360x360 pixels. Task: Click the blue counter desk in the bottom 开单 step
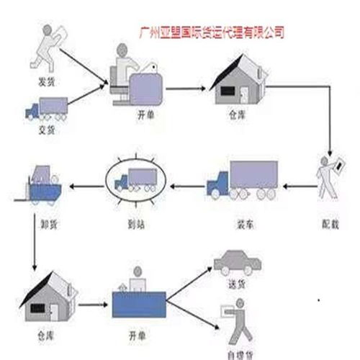click(142, 302)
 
